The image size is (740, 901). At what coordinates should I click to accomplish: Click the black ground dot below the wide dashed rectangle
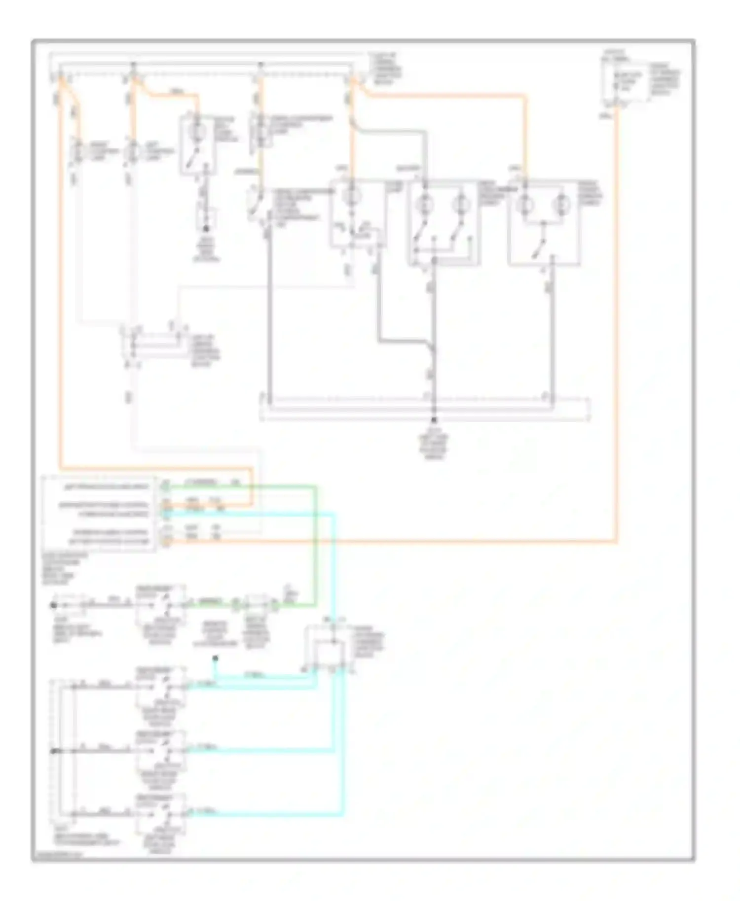click(434, 419)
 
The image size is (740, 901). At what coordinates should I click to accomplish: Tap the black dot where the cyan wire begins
click(215, 658)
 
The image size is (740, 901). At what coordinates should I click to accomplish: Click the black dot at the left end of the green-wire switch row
click(54, 605)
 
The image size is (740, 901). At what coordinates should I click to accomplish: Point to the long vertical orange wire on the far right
click(616, 320)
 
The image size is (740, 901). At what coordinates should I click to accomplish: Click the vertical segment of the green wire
click(314, 542)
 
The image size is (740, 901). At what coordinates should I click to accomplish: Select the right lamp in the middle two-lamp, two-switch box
click(461, 203)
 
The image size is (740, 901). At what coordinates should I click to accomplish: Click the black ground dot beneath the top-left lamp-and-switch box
click(206, 228)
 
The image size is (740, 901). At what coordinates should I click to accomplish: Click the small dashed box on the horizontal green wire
click(256, 602)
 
